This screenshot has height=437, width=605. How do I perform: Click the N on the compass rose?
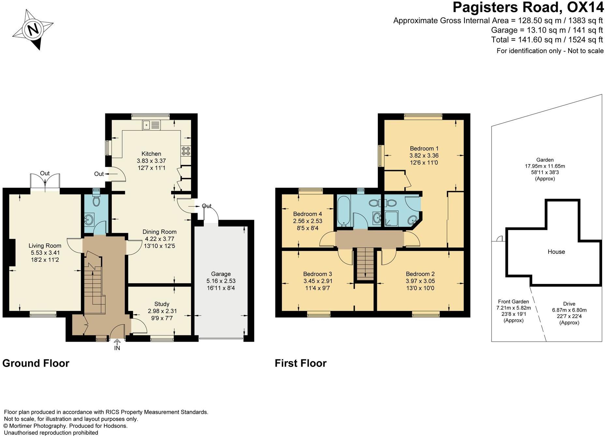click(33, 30)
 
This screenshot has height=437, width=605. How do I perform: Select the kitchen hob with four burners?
click(186, 150)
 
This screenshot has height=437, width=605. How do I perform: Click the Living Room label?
click(45, 246)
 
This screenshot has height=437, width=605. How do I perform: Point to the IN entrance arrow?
click(117, 342)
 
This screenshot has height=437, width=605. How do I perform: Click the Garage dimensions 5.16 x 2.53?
click(221, 281)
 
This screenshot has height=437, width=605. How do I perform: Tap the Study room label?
click(162, 304)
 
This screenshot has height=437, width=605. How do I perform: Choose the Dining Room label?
click(159, 232)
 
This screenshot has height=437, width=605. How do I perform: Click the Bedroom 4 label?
click(307, 214)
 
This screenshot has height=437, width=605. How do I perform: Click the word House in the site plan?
click(556, 252)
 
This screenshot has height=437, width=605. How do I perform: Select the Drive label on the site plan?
click(569, 304)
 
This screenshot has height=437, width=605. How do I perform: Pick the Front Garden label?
click(513, 302)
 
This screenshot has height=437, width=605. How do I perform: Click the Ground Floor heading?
click(36, 363)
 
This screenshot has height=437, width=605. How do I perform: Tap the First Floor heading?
click(301, 363)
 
